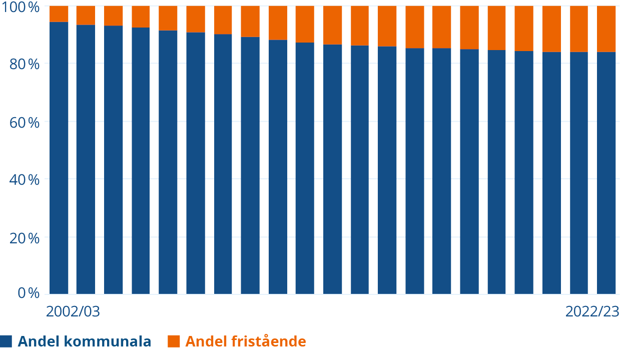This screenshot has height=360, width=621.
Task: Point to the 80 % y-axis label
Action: (25, 65)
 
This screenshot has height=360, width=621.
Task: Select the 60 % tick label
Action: (25, 123)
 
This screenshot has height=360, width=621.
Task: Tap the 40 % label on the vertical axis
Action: (25, 180)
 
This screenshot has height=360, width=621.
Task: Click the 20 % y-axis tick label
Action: (25, 238)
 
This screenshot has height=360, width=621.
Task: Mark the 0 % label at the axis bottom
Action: (29, 293)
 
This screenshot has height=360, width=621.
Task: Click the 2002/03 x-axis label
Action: (73, 311)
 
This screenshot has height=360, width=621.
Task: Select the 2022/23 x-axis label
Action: (592, 311)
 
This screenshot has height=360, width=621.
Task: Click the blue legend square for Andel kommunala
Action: (6, 341)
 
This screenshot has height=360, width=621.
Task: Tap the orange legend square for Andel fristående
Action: (173, 341)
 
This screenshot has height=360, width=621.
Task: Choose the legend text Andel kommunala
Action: (85, 341)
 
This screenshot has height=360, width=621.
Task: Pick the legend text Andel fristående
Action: (246, 341)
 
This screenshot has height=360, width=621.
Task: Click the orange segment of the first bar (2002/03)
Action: (59, 14)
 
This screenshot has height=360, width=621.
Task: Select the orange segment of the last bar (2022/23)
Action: (606, 29)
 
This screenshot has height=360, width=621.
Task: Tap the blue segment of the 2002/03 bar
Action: (59, 158)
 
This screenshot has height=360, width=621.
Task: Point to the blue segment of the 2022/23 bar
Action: (606, 173)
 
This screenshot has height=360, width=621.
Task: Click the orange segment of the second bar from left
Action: (86, 15)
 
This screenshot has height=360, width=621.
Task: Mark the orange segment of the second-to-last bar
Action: (579, 29)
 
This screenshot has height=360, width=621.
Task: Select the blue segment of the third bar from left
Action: (113, 160)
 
